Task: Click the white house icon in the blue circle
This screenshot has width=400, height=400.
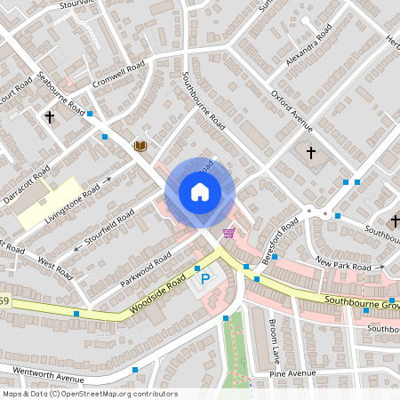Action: coord(199,192)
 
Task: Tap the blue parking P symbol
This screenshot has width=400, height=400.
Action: coord(206,280)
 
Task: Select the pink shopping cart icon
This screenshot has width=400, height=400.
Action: coord(229,233)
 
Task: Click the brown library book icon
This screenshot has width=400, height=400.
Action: coord(140,146)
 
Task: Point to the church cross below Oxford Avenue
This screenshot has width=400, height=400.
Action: coord(310,153)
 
